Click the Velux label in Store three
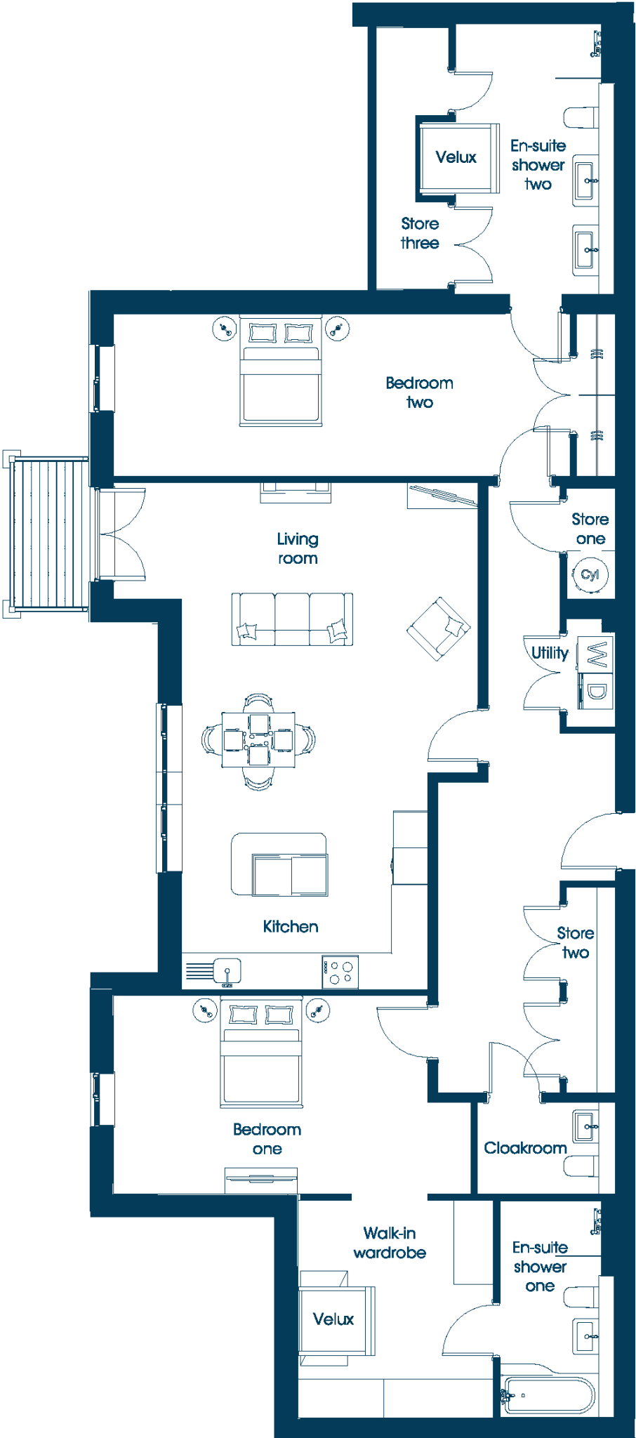click(456, 157)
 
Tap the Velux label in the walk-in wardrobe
click(333, 1319)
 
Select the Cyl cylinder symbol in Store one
click(590, 574)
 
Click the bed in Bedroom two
click(281, 370)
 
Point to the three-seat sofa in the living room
click(292, 619)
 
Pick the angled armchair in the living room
click(439, 628)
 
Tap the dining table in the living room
click(258, 739)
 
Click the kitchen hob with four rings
click(340, 972)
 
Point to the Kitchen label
click(291, 926)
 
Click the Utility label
click(550, 653)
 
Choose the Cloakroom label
click(525, 1148)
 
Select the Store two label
click(576, 942)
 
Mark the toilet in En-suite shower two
click(582, 117)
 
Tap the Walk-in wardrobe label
click(390, 1243)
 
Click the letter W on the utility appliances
click(596, 654)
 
